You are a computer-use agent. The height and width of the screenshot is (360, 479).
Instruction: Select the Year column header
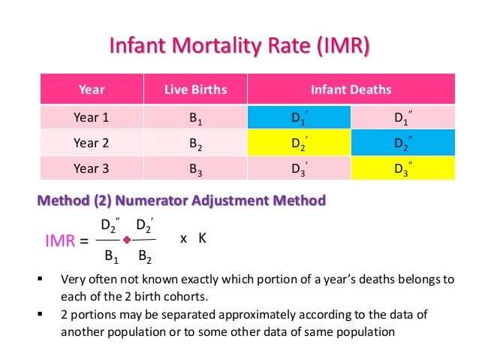point(92,90)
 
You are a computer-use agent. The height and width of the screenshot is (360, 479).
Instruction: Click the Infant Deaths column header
point(351,90)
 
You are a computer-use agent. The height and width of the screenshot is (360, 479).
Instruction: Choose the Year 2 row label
point(92,142)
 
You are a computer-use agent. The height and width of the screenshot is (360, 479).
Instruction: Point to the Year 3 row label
point(92,168)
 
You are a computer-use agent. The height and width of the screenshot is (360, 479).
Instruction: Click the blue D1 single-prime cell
point(299,117)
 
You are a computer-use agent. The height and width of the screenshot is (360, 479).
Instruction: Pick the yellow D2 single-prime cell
point(299,143)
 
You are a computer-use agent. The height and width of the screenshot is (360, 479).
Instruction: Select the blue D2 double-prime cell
point(403,143)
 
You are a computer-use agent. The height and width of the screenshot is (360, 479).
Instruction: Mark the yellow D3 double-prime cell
point(403,169)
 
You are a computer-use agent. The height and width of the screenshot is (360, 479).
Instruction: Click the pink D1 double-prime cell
point(403,117)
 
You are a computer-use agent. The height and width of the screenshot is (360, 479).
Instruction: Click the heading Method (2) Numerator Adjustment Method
point(181,201)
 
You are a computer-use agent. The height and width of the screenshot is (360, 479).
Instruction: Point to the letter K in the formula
point(202,238)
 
